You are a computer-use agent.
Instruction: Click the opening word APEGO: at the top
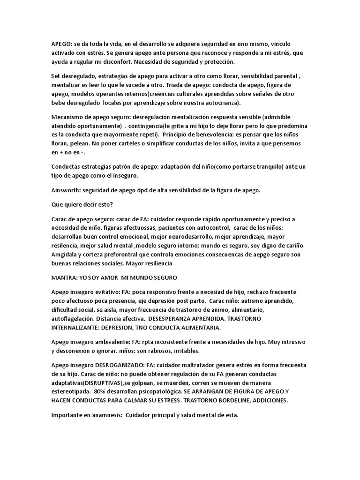[x=61, y=44]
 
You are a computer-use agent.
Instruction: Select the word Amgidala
[x=65, y=254]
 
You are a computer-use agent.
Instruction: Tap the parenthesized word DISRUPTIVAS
[x=104, y=383]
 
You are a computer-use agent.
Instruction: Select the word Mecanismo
[x=68, y=117]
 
